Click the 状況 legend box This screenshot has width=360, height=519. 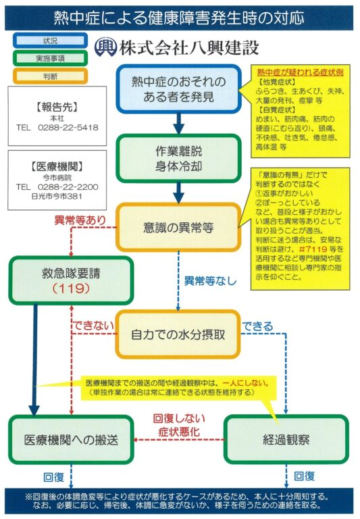point(50,41)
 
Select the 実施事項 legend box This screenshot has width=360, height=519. point(50,58)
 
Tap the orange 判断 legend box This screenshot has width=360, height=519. point(50,76)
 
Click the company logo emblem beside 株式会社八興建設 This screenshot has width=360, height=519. point(105,47)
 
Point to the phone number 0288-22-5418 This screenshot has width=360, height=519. point(68,128)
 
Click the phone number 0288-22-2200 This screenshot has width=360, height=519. point(68,187)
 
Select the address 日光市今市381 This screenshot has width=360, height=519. point(57,196)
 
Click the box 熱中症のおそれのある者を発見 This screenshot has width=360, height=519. point(179,89)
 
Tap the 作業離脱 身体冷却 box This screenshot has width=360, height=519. point(179,159)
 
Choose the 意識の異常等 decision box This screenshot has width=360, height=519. point(179,227)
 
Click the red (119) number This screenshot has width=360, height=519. point(71,289)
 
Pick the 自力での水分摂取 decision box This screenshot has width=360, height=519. point(178,335)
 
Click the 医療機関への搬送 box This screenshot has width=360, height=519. point(71,439)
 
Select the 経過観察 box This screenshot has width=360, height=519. point(286,439)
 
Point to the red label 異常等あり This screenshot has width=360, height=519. point(80,220)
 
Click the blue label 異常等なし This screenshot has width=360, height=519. point(211,281)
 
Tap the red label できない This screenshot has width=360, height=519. point(94,325)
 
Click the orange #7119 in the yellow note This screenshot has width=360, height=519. point(313,249)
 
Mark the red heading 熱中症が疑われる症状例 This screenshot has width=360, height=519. point(300,72)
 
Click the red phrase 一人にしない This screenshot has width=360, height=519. point(245,383)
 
